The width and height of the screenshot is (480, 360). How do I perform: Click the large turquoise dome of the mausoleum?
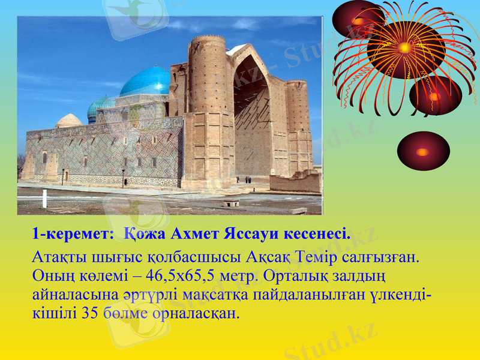pos(146,82)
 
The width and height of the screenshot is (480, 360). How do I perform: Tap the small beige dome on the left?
pos(69,120)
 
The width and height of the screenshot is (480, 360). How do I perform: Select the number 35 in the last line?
pos(89,313)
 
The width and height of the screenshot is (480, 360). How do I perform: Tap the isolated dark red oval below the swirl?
pos(423,151)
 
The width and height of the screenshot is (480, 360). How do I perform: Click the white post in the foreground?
pos(44,198)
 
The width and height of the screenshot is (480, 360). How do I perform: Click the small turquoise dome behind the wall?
pos(100,106)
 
